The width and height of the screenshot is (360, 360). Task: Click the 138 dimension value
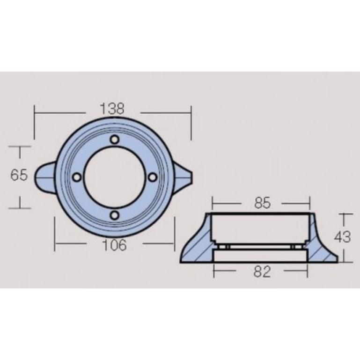pos(112,109)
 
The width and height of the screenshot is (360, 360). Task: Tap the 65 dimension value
pos(19,175)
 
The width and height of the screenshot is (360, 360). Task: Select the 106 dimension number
pos(114,245)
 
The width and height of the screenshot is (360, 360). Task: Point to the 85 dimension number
pos(263,203)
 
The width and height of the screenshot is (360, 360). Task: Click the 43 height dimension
pos(342,237)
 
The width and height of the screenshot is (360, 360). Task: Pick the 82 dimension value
pos(262,272)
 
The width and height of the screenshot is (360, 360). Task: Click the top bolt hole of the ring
pos(115,140)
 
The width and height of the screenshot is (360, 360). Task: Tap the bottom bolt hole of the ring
pos(115,215)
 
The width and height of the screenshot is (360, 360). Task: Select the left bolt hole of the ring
pos(77,177)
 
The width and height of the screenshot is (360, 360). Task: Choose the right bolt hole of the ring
pos(153,177)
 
